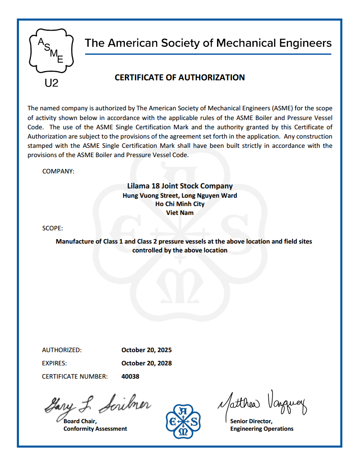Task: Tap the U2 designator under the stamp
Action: (x=52, y=83)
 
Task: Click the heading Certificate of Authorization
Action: (x=180, y=78)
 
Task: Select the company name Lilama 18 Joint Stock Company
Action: (x=180, y=186)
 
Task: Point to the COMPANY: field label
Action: (x=58, y=171)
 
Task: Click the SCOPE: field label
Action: (x=52, y=228)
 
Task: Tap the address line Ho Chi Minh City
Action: (x=180, y=204)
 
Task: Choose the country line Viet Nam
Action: (x=180, y=213)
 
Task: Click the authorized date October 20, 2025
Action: (x=146, y=350)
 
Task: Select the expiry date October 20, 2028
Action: (x=146, y=363)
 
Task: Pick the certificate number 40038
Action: (x=130, y=376)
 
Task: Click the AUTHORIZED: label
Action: (x=62, y=350)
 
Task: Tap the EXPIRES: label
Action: (x=54, y=363)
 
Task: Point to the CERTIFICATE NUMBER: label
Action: (x=75, y=376)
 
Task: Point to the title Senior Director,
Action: (x=251, y=421)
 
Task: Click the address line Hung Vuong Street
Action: (x=180, y=195)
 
